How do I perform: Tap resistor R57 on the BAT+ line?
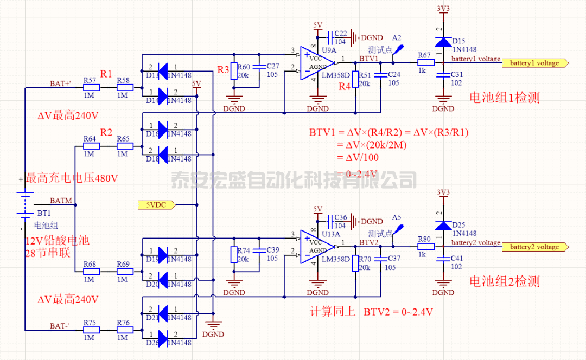(91, 87)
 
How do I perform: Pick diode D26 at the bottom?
(161, 335)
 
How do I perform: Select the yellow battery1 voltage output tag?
(537, 63)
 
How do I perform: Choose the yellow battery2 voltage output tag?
(537, 247)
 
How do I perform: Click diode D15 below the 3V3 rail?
(444, 42)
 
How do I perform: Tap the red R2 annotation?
(106, 132)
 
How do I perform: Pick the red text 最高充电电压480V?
(72, 178)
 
